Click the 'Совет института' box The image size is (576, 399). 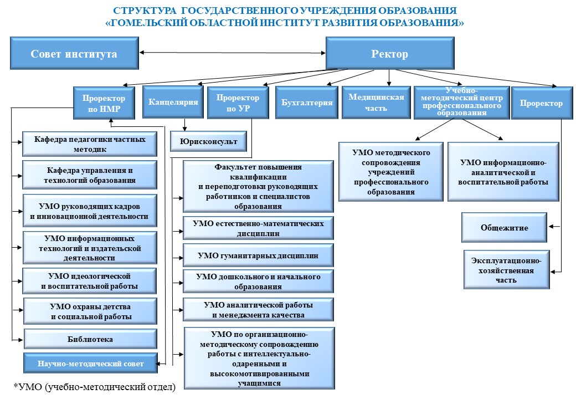(x=74, y=53)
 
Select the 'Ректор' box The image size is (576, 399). (x=390, y=53)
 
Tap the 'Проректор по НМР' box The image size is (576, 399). (x=104, y=103)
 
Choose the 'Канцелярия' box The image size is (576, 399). (x=173, y=102)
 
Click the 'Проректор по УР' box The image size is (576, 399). (x=238, y=103)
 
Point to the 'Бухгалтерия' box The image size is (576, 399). (x=307, y=102)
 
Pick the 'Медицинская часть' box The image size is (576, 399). (x=376, y=102)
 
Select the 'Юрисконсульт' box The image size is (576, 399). (x=208, y=141)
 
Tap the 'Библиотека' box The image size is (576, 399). (x=90, y=339)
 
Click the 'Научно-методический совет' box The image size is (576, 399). (x=90, y=363)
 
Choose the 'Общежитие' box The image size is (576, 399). (x=504, y=227)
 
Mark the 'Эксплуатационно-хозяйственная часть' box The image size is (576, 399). (x=507, y=270)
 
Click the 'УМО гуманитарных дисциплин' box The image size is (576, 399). (x=258, y=255)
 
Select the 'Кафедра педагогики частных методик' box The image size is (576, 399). (x=90, y=144)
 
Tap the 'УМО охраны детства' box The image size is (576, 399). (x=90, y=311)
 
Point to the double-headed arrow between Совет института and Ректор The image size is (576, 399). (x=232, y=53)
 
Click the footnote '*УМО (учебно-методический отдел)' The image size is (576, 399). (x=94, y=386)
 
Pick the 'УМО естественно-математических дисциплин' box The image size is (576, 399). (x=258, y=228)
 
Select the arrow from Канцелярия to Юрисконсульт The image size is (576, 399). (x=185, y=125)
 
